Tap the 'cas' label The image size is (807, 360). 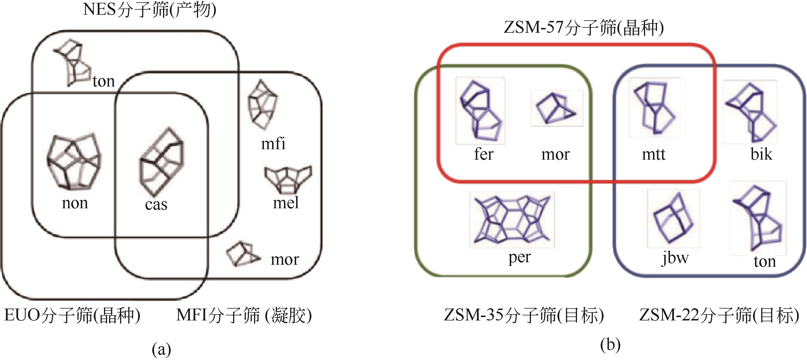[156, 205]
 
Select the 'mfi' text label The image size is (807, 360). [273, 144]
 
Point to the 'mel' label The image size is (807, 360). [286, 203]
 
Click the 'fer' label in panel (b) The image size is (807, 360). [483, 154]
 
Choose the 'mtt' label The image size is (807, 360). [654, 154]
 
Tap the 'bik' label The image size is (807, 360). [761, 154]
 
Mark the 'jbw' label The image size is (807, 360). [675, 258]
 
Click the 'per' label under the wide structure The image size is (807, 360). [519, 257]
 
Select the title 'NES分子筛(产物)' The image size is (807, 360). [150, 10]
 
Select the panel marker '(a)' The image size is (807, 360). [161, 349]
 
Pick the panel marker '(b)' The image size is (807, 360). [610, 345]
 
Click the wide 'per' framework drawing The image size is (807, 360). [512, 219]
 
